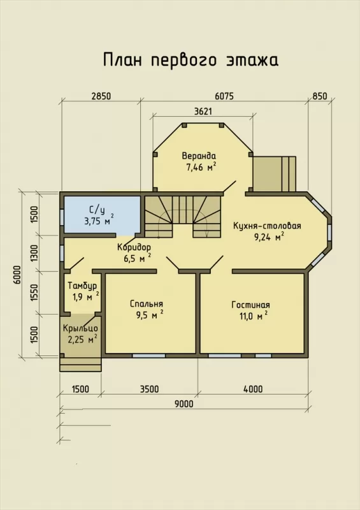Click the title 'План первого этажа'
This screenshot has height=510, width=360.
(x=191, y=60)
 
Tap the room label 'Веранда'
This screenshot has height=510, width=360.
(x=199, y=156)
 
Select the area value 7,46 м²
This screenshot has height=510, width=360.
(x=201, y=167)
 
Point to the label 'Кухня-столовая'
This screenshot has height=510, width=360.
(x=267, y=226)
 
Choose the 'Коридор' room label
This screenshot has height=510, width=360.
(x=134, y=247)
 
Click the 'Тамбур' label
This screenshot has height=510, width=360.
(x=82, y=286)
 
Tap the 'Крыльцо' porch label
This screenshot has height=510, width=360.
(x=80, y=328)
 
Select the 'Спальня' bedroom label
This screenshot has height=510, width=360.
(x=147, y=304)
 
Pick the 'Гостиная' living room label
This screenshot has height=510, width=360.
(x=251, y=305)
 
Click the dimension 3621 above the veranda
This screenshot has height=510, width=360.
(x=203, y=111)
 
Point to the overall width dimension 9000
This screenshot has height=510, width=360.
(x=184, y=404)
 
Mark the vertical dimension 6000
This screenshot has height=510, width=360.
(x=17, y=275)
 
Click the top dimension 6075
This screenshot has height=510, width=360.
(x=224, y=96)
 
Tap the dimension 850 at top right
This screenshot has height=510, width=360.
(x=320, y=96)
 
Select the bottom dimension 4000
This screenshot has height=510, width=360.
(x=253, y=389)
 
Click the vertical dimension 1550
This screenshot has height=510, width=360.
(x=35, y=293)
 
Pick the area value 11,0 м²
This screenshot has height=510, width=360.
(x=254, y=316)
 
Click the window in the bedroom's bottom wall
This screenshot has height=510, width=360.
(x=149, y=356)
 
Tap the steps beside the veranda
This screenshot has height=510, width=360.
(x=275, y=174)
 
